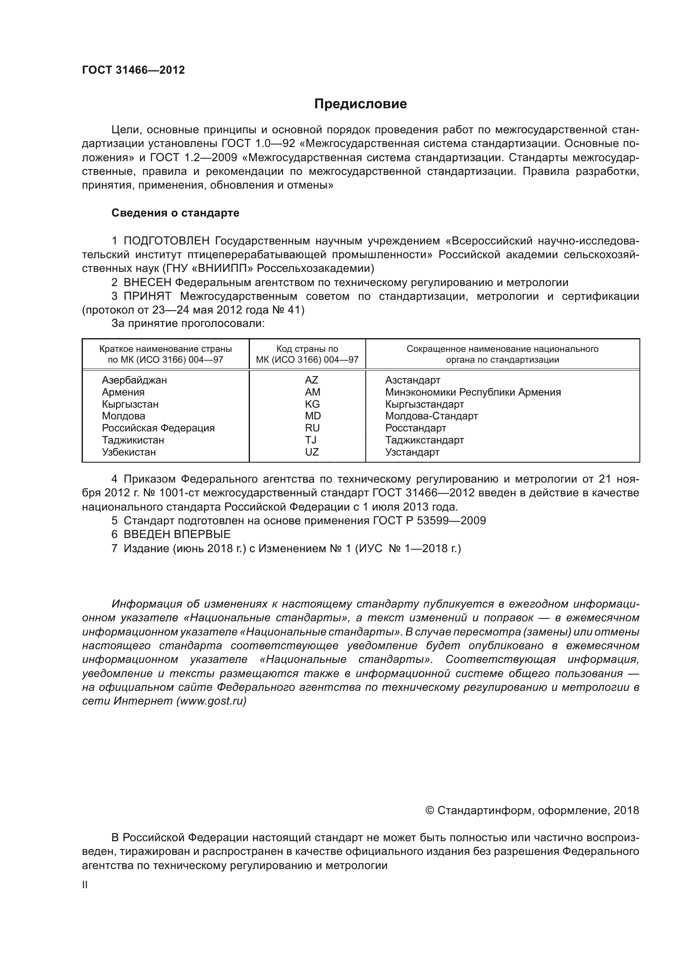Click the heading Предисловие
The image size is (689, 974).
click(x=360, y=104)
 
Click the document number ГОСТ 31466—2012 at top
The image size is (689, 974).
click(x=133, y=70)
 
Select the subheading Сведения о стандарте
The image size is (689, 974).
click(x=175, y=213)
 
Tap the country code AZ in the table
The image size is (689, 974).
click(x=311, y=380)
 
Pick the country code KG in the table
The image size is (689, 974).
click(x=312, y=404)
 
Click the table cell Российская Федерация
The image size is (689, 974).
click(x=158, y=428)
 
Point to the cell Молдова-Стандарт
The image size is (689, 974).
click(x=431, y=416)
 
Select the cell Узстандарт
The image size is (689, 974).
click(x=412, y=452)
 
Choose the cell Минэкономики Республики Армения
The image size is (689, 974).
click(x=473, y=392)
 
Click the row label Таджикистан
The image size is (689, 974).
click(x=133, y=440)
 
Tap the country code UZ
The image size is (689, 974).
click(x=312, y=452)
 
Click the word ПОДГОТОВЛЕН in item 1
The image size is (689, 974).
click(x=166, y=241)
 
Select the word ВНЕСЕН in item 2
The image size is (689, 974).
click(x=147, y=282)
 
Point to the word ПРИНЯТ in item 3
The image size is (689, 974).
click(x=147, y=296)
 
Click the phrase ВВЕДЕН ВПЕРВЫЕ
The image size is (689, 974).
click(x=177, y=534)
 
